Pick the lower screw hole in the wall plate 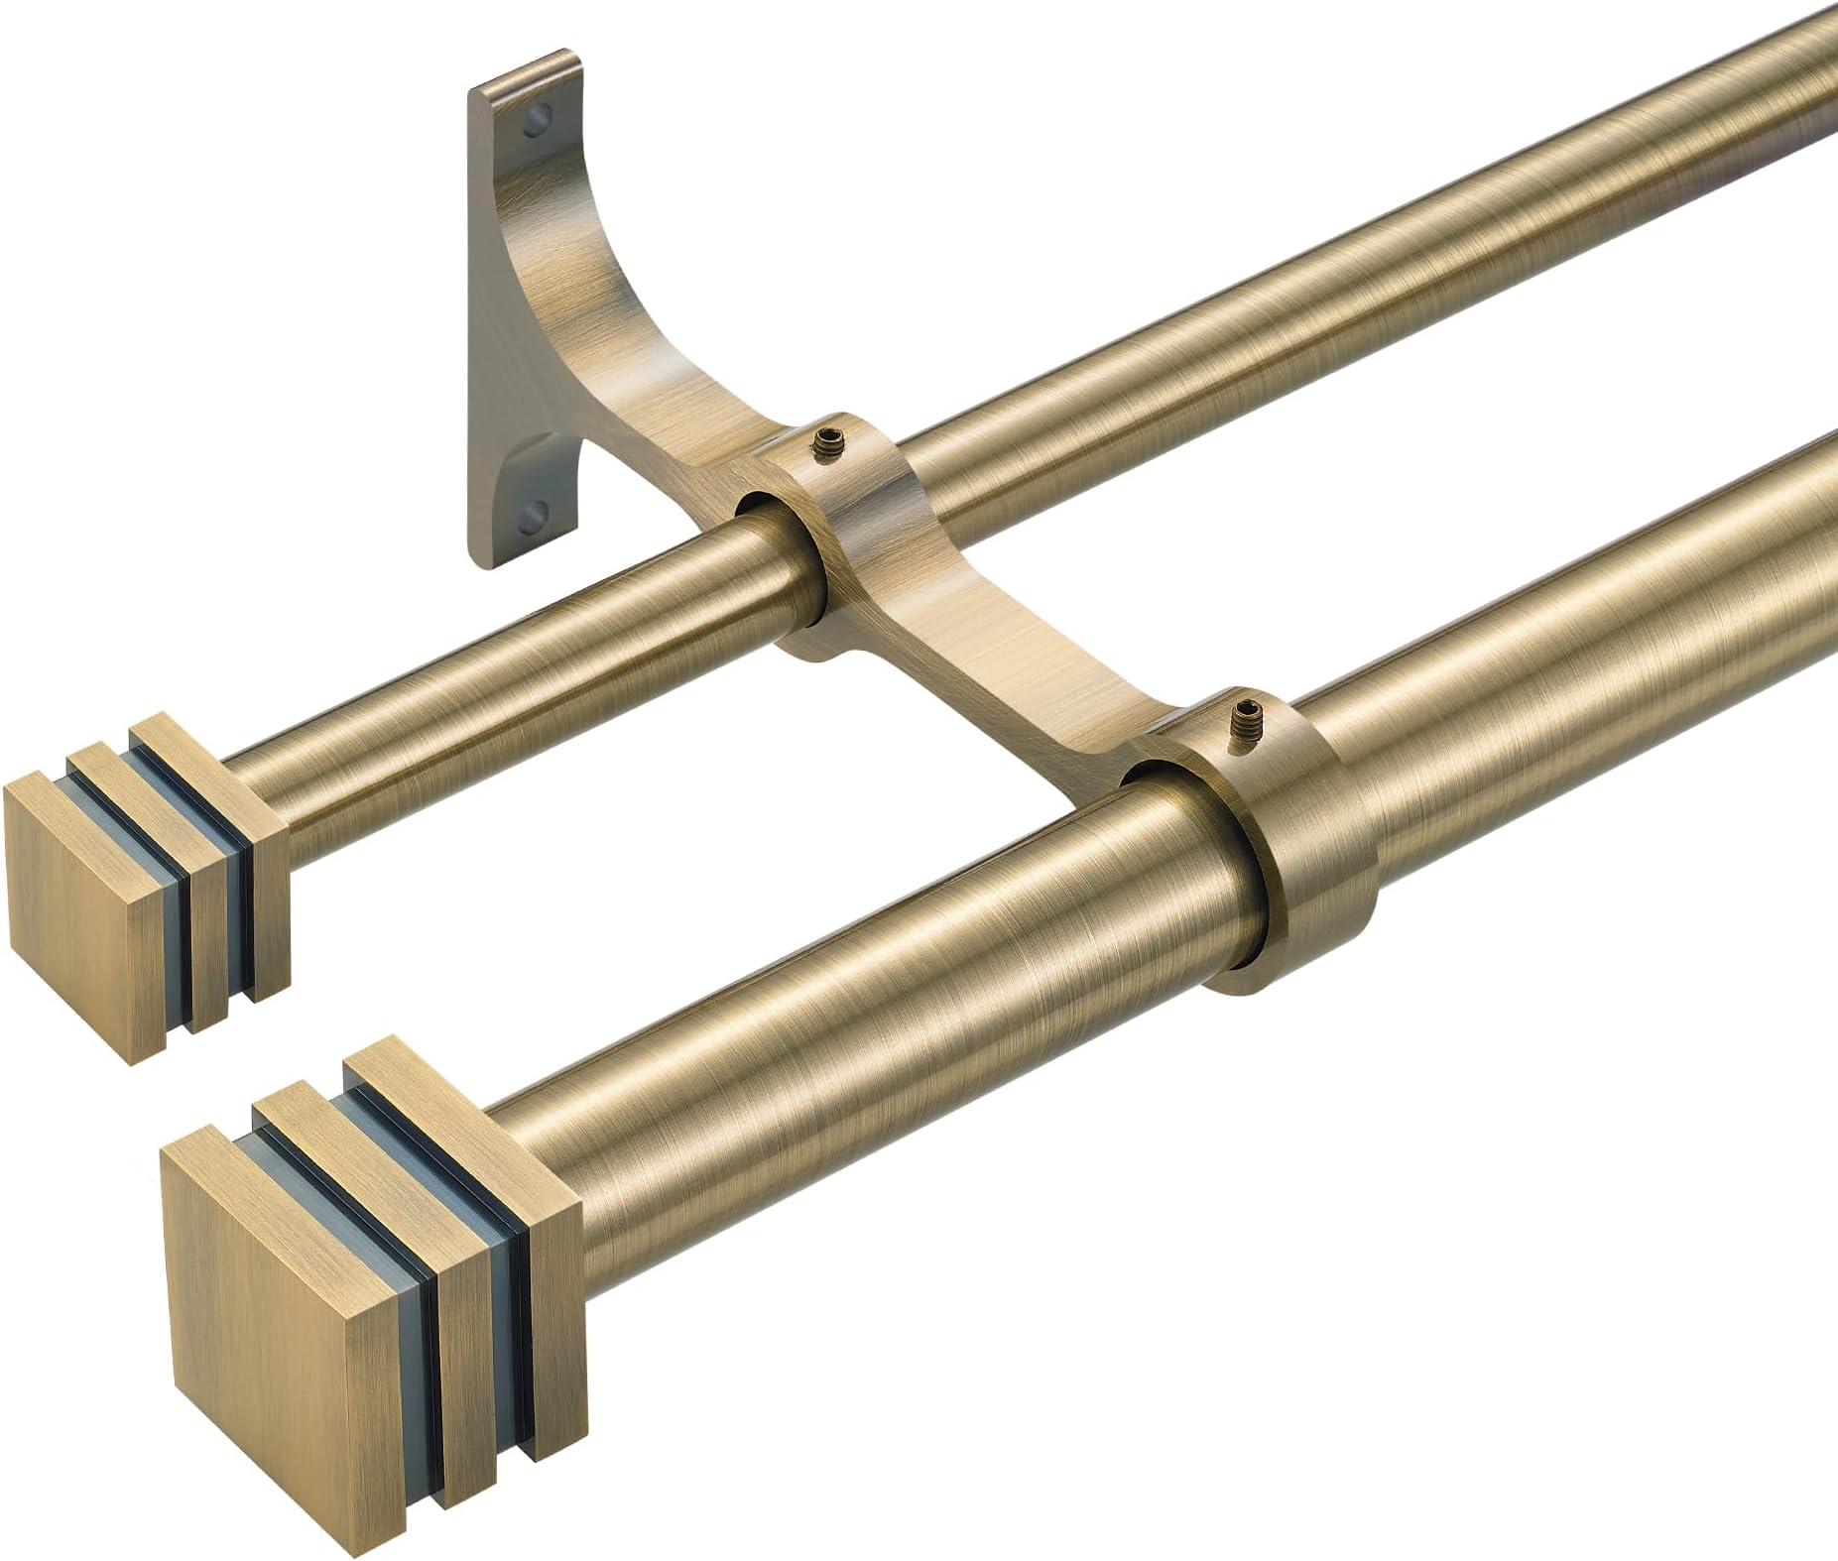[x=537, y=514]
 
